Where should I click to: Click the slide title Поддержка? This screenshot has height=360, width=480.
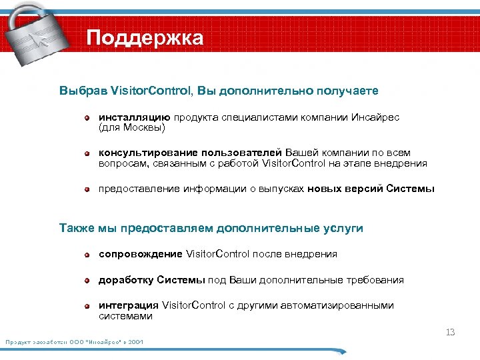pyautogui.click(x=145, y=38)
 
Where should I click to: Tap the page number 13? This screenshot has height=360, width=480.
pyautogui.click(x=450, y=332)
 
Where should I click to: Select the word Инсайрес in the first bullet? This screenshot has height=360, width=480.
pyautogui.click(x=377, y=117)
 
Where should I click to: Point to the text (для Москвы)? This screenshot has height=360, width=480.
pyautogui.click(x=131, y=126)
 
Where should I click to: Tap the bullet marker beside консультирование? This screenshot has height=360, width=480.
pyautogui.click(x=87, y=153)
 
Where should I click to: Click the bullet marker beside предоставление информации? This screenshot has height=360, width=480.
pyautogui.click(x=87, y=189)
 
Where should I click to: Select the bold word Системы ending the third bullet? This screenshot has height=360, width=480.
pyautogui.click(x=410, y=189)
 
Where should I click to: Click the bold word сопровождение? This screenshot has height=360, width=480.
pyautogui.click(x=141, y=254)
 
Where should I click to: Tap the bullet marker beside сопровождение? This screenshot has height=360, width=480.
pyautogui.click(x=87, y=255)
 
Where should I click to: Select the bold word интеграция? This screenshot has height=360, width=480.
pyautogui.click(x=129, y=305)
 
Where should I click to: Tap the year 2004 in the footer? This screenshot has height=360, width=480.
pyautogui.click(x=136, y=342)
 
